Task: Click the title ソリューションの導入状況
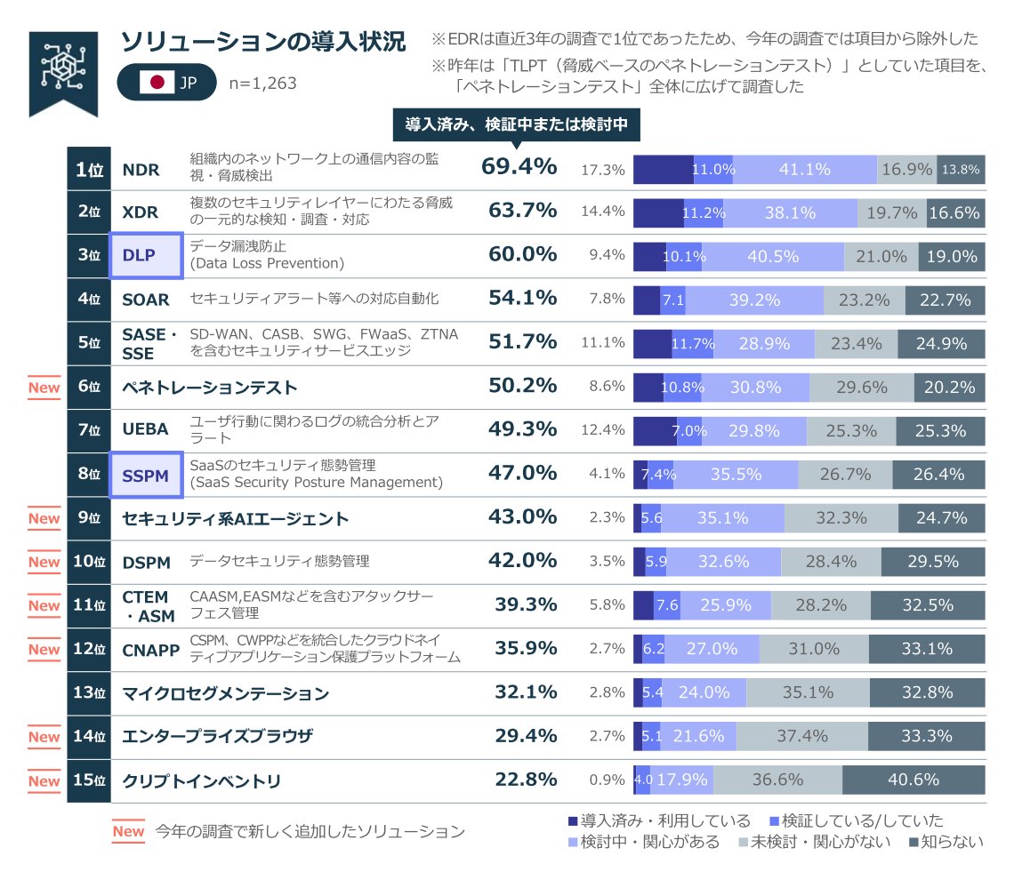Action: click(x=262, y=42)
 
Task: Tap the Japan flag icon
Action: click(x=157, y=84)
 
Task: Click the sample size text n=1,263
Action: click(x=262, y=84)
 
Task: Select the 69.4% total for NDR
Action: click(x=519, y=167)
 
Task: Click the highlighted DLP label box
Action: click(x=146, y=255)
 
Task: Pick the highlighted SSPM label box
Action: click(x=146, y=475)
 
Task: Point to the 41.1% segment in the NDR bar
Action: click(x=805, y=169)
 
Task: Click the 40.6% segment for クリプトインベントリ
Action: click(x=913, y=780)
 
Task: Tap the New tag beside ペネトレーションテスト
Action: click(x=44, y=387)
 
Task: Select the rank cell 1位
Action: click(x=89, y=169)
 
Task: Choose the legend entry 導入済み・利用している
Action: click(x=658, y=820)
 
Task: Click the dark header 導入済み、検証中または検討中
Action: click(x=517, y=125)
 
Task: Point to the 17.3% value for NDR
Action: click(x=602, y=169)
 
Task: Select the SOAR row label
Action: click(x=145, y=300)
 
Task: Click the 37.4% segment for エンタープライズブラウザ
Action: click(x=801, y=736)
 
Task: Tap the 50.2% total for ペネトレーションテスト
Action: click(x=522, y=387)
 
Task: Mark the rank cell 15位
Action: click(x=89, y=780)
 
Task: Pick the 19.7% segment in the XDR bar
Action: click(x=891, y=212)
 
